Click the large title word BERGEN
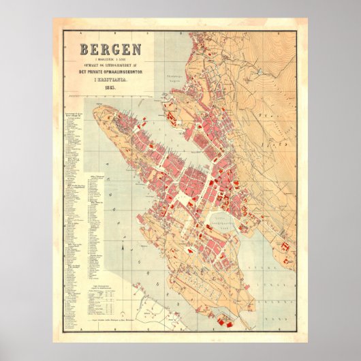[110, 50]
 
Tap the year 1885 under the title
[110, 87]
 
